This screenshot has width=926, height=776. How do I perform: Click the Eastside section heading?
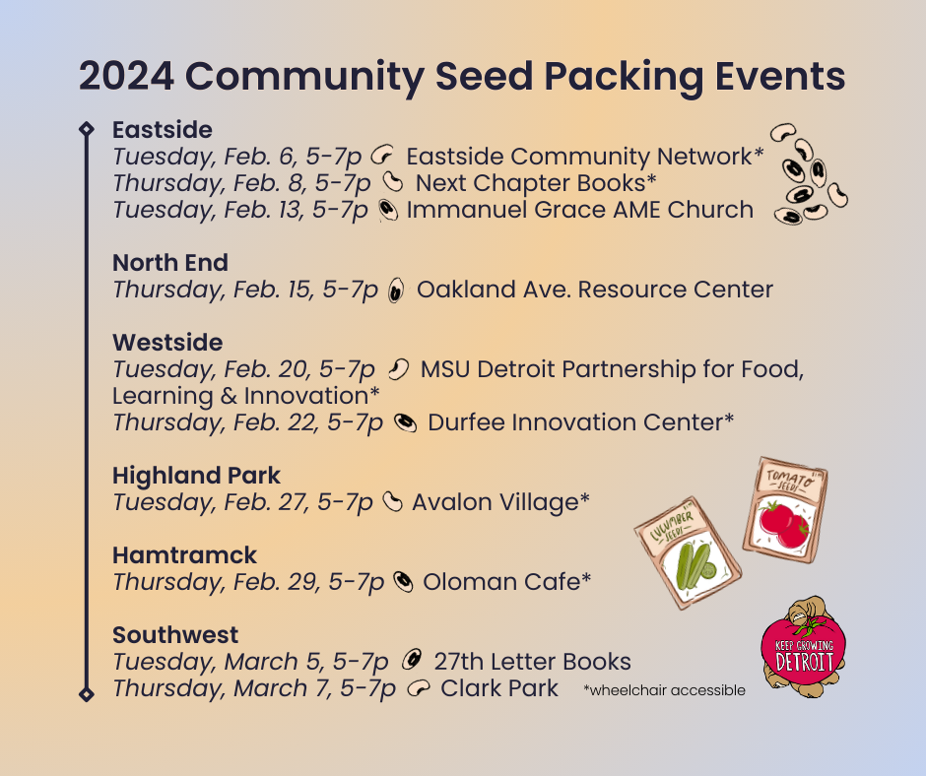pyautogui.click(x=162, y=130)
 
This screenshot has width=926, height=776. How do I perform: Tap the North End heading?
pyautogui.click(x=170, y=263)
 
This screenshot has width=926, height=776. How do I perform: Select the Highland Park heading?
pyautogui.click(x=196, y=476)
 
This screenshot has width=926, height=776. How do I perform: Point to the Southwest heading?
pyautogui.click(x=175, y=635)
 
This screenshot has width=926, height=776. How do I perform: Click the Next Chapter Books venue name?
pyautogui.click(x=535, y=183)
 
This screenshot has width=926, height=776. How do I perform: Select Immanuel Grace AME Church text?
pyautogui.click(x=579, y=210)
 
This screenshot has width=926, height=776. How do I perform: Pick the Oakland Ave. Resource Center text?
pyautogui.click(x=594, y=290)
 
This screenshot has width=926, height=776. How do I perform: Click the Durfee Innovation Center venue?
pyautogui.click(x=580, y=422)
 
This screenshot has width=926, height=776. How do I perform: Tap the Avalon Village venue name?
pyautogui.click(x=500, y=502)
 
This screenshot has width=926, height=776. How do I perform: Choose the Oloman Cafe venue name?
pyautogui.click(x=506, y=582)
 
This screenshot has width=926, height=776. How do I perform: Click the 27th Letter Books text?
pyautogui.click(x=532, y=662)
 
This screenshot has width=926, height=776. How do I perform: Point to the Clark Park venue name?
pyautogui.click(x=499, y=688)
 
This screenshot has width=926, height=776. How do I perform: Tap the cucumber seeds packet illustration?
pyautogui.click(x=688, y=554)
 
